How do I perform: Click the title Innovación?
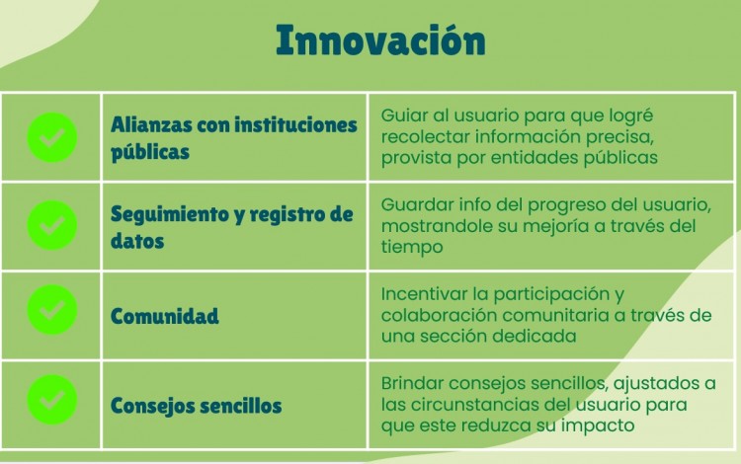[x=380, y=40]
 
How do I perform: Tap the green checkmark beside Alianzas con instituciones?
[x=52, y=137]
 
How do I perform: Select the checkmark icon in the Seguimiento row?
[x=52, y=225]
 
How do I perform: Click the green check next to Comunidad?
[x=52, y=310]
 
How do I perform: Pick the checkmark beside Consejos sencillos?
[x=52, y=399]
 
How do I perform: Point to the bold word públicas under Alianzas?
[x=150, y=152]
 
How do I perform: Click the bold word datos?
[x=137, y=241]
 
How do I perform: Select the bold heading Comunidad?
[x=164, y=316]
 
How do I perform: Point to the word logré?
[x=630, y=116]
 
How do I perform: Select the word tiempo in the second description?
[x=412, y=247]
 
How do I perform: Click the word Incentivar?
[x=425, y=294]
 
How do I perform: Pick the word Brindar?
[x=412, y=383]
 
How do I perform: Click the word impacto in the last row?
[x=598, y=425]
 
